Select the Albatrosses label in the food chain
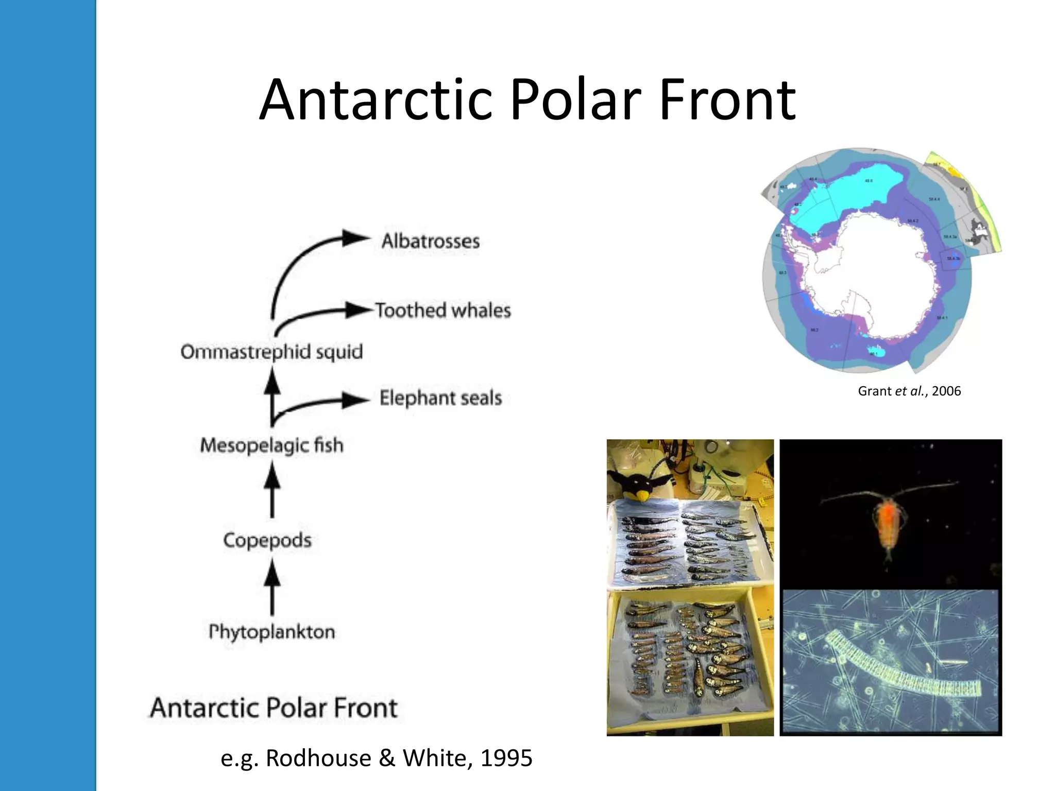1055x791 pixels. [x=430, y=241]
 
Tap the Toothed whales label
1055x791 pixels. [x=443, y=311]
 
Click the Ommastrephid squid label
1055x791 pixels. [x=271, y=352]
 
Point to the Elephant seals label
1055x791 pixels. [x=440, y=398]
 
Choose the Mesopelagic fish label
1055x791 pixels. [x=271, y=445]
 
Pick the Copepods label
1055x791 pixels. [x=267, y=540]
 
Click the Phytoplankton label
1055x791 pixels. [x=271, y=631]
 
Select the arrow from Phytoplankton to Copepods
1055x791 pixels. [x=272, y=587]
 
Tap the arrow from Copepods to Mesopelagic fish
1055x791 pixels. [x=272, y=489]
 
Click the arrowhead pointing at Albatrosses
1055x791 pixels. [x=355, y=238]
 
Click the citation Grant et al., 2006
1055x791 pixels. [x=909, y=391]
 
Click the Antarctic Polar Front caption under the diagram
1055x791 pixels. [x=274, y=708]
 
